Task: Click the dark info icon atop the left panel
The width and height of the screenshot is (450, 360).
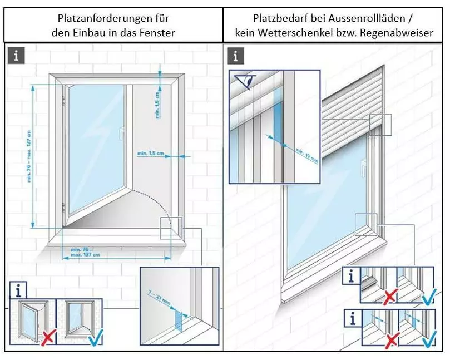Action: tap(17, 56)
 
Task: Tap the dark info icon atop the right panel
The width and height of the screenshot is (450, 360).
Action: tap(236, 56)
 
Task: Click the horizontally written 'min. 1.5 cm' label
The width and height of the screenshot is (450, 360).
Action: tap(150, 152)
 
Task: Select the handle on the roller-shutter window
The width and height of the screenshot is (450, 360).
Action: tap(362, 165)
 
